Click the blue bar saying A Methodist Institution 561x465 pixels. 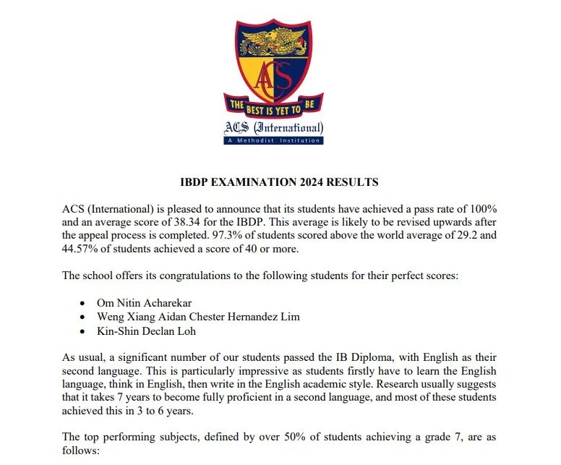(x=273, y=140)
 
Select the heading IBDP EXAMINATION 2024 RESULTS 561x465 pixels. (x=279, y=182)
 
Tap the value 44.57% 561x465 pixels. (x=82, y=249)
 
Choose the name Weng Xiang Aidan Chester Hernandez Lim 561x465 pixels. (x=197, y=317)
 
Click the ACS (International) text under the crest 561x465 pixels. (x=273, y=129)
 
